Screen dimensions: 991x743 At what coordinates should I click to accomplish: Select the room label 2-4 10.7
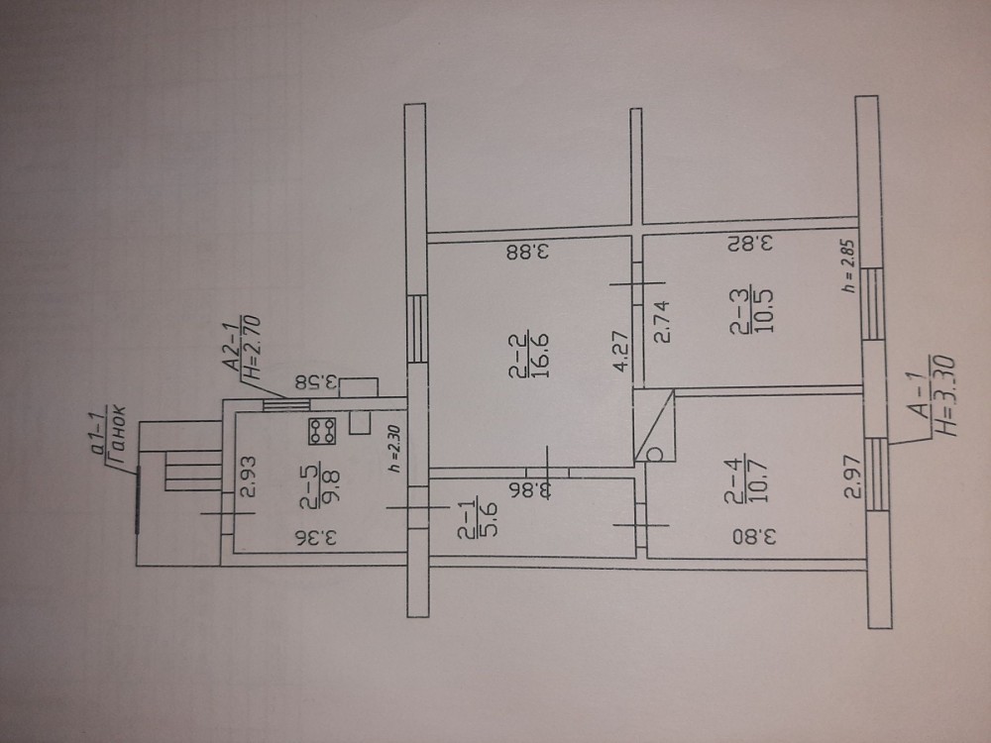point(746,478)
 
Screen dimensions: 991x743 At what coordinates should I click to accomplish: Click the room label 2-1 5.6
point(478,519)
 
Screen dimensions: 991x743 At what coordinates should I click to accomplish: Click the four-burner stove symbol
point(322,431)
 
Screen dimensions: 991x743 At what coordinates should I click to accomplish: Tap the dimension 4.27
point(621,351)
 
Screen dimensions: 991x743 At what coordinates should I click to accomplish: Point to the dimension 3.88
point(527,253)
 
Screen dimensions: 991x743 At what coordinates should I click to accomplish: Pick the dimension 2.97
point(853,478)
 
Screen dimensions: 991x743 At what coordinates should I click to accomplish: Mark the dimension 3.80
point(754,537)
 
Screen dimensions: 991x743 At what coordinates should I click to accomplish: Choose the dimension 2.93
point(249,478)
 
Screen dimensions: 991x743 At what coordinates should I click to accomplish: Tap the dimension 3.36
point(315,538)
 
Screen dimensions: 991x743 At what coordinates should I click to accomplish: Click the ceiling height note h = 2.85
point(848,265)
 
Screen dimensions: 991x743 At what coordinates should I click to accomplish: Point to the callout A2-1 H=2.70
point(242,350)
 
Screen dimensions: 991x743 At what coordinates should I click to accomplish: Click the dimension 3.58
point(318,382)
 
